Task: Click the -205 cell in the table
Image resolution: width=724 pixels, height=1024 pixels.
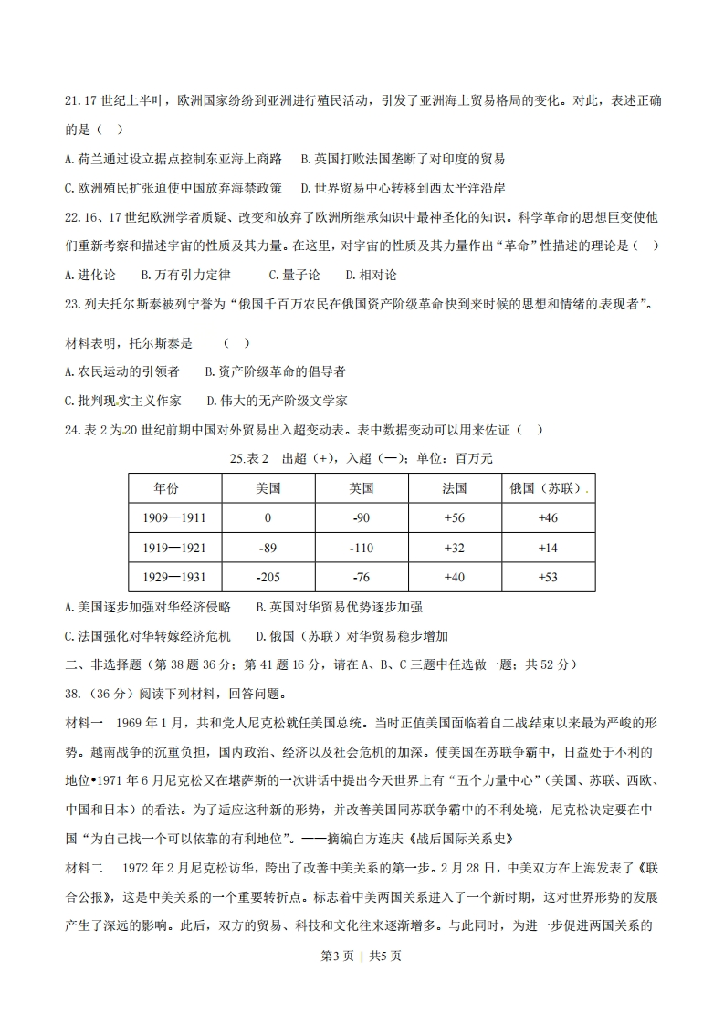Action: coord(268,577)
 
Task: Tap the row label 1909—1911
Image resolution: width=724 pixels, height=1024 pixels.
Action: coord(173,517)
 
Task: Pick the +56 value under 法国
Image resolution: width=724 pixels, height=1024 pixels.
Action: coord(454,517)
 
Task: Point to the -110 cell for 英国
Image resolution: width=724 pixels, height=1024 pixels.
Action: coord(362,548)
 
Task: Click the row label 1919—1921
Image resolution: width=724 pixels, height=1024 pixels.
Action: coord(173,548)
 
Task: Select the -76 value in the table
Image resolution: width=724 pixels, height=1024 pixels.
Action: coord(362,577)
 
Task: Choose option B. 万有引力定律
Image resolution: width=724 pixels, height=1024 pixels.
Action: coord(185,274)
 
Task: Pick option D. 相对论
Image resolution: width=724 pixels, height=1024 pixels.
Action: coord(371,274)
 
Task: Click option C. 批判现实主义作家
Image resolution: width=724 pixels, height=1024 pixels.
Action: coord(123,400)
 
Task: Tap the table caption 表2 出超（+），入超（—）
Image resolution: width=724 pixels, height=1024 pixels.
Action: coord(361,457)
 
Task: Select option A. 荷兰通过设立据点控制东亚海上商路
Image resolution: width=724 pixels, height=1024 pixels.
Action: coord(173,159)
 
